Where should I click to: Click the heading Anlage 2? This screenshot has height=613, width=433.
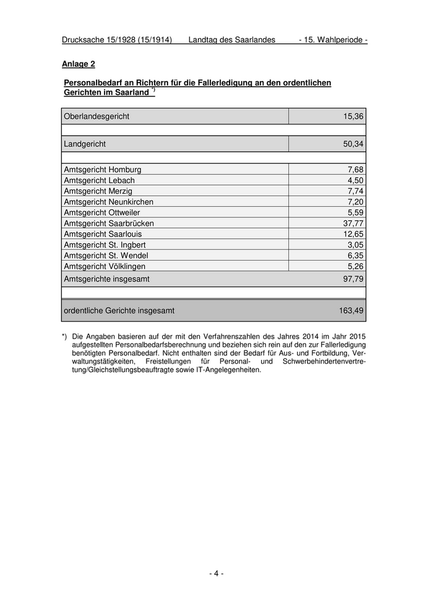79,64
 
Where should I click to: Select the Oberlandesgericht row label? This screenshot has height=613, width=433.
96,116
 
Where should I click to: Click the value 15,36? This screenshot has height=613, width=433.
353,116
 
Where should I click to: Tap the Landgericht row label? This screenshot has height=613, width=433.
85,144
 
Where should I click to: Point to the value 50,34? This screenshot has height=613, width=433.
353,144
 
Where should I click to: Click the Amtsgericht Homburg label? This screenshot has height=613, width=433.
103,170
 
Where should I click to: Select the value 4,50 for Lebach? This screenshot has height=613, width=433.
355,180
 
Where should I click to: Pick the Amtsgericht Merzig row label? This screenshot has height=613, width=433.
98,191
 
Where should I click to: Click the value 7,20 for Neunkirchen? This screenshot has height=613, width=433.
355,202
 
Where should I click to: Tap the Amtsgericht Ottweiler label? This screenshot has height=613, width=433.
102,213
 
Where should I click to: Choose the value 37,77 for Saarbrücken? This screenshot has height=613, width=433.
353,224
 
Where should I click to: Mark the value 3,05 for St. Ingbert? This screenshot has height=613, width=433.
355,245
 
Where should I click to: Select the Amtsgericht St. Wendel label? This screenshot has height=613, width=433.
106,256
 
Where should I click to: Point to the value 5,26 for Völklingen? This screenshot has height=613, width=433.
355,266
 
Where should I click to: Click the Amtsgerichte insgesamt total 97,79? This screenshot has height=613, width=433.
353,279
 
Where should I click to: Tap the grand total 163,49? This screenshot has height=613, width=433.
351,311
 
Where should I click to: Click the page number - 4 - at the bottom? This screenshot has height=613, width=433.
216,574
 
